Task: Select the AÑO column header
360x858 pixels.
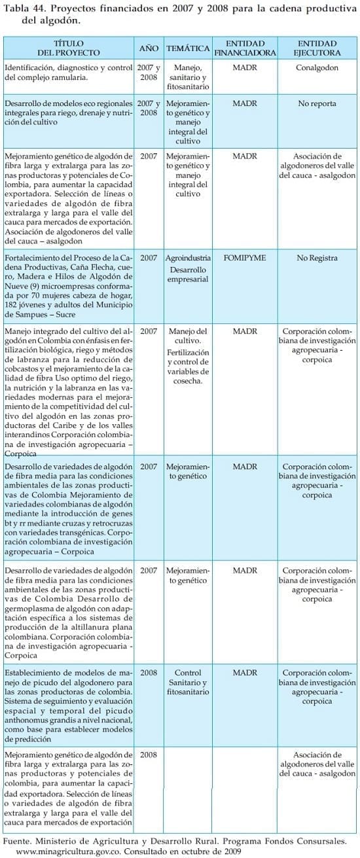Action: tap(149, 48)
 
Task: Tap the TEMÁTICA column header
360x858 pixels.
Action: tap(188, 48)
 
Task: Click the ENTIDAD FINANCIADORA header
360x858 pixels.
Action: tap(245, 46)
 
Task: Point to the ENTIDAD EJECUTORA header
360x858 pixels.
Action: tap(317, 46)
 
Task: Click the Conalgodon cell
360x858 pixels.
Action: tap(317, 67)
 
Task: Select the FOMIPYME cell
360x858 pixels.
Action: tap(245, 258)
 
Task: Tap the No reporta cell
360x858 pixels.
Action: tap(317, 103)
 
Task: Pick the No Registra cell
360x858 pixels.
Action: tap(317, 258)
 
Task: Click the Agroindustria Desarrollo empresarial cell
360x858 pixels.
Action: tap(188, 268)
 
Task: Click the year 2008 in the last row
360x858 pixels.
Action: tap(149, 755)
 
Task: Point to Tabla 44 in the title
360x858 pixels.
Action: tap(25, 7)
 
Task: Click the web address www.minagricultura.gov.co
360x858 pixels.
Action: tap(69, 851)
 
